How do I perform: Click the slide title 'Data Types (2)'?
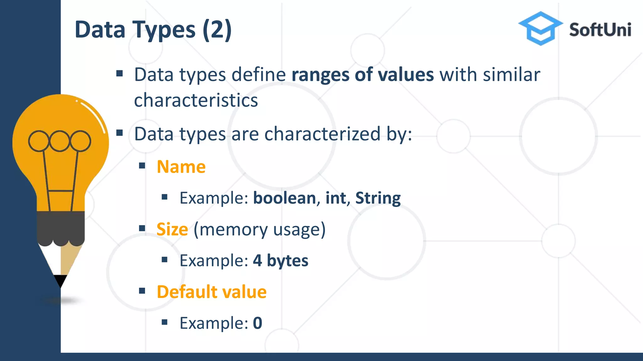[153, 30]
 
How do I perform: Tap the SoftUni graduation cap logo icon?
[540, 28]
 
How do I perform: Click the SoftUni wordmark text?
[600, 30]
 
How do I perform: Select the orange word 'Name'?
[181, 167]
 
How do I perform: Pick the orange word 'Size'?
[172, 229]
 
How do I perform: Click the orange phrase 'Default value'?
[212, 292]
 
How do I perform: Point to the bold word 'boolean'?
[284, 198]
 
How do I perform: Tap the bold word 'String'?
[378, 198]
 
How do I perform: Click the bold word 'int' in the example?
[336, 198]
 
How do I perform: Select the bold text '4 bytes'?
[281, 261]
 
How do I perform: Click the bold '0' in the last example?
[257, 323]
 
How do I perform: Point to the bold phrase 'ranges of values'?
[363, 75]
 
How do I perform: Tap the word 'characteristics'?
[196, 100]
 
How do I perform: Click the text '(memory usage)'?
[260, 229]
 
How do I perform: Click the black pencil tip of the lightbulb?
[60, 280]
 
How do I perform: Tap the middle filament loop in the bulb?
[59, 141]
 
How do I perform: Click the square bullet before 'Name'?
[142, 165]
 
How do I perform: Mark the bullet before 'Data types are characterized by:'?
[119, 133]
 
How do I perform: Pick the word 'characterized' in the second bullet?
[322, 134]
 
